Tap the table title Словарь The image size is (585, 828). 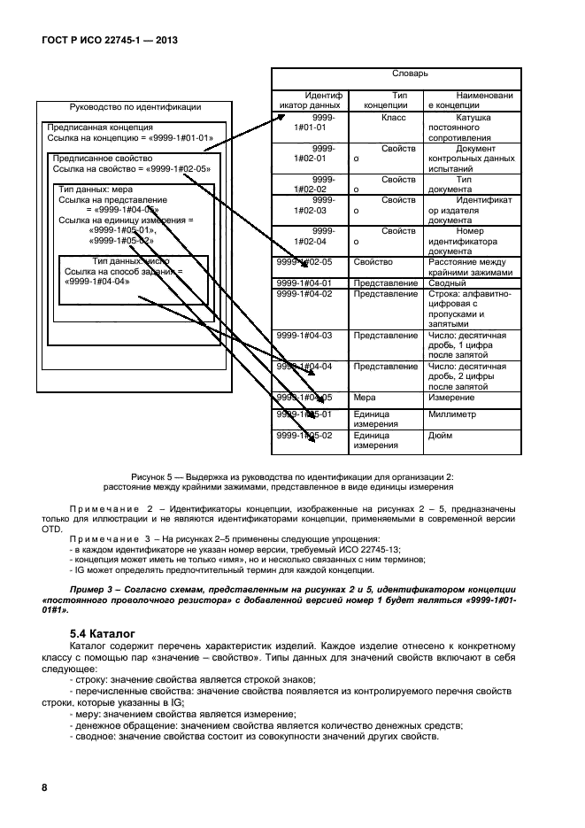[x=410, y=75]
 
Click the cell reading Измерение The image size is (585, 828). [x=453, y=398]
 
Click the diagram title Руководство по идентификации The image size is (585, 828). [x=135, y=106]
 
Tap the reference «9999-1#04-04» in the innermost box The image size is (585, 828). [x=97, y=282]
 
